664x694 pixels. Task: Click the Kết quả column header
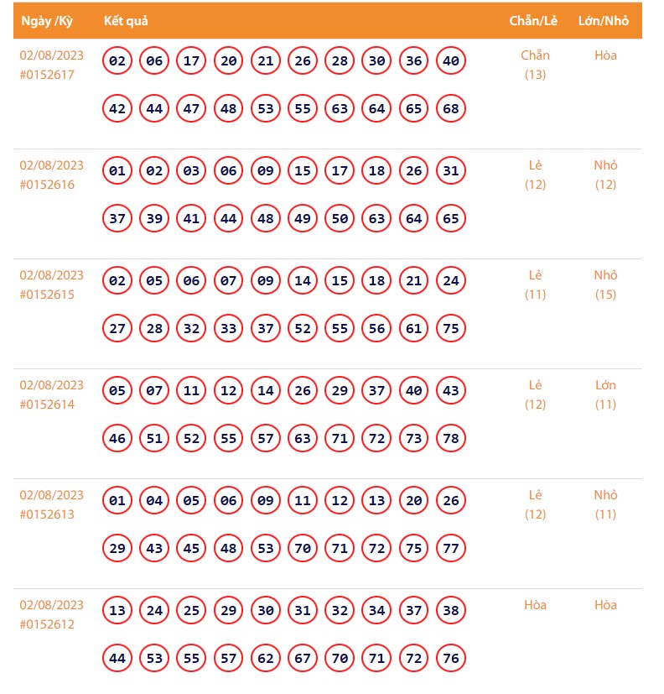pyautogui.click(x=126, y=21)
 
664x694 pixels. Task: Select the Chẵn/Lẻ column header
pyautogui.click(x=535, y=21)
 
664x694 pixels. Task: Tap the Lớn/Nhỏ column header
pyautogui.click(x=604, y=21)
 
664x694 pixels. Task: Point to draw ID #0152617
pyautogui.click(x=47, y=75)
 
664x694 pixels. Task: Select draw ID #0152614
pyautogui.click(x=47, y=404)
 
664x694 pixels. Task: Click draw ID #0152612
pyautogui.click(x=47, y=624)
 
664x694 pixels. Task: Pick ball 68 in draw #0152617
pyautogui.click(x=451, y=109)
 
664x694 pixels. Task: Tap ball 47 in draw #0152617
pyautogui.click(x=191, y=109)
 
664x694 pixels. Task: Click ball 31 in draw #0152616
pyautogui.click(x=451, y=171)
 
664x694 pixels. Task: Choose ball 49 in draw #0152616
pyautogui.click(x=303, y=219)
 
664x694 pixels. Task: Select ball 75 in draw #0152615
pyautogui.click(x=451, y=329)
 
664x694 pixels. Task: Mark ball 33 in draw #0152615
pyautogui.click(x=228, y=329)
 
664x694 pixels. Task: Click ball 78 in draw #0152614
pyautogui.click(x=451, y=439)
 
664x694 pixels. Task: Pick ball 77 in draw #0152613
pyautogui.click(x=451, y=549)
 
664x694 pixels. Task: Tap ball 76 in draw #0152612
pyautogui.click(x=451, y=659)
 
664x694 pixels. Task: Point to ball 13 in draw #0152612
pyautogui.click(x=117, y=611)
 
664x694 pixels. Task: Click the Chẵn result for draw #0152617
pyautogui.click(x=535, y=55)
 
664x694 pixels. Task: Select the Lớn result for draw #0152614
pyautogui.click(x=605, y=385)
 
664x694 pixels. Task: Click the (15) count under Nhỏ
pyautogui.click(x=605, y=295)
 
